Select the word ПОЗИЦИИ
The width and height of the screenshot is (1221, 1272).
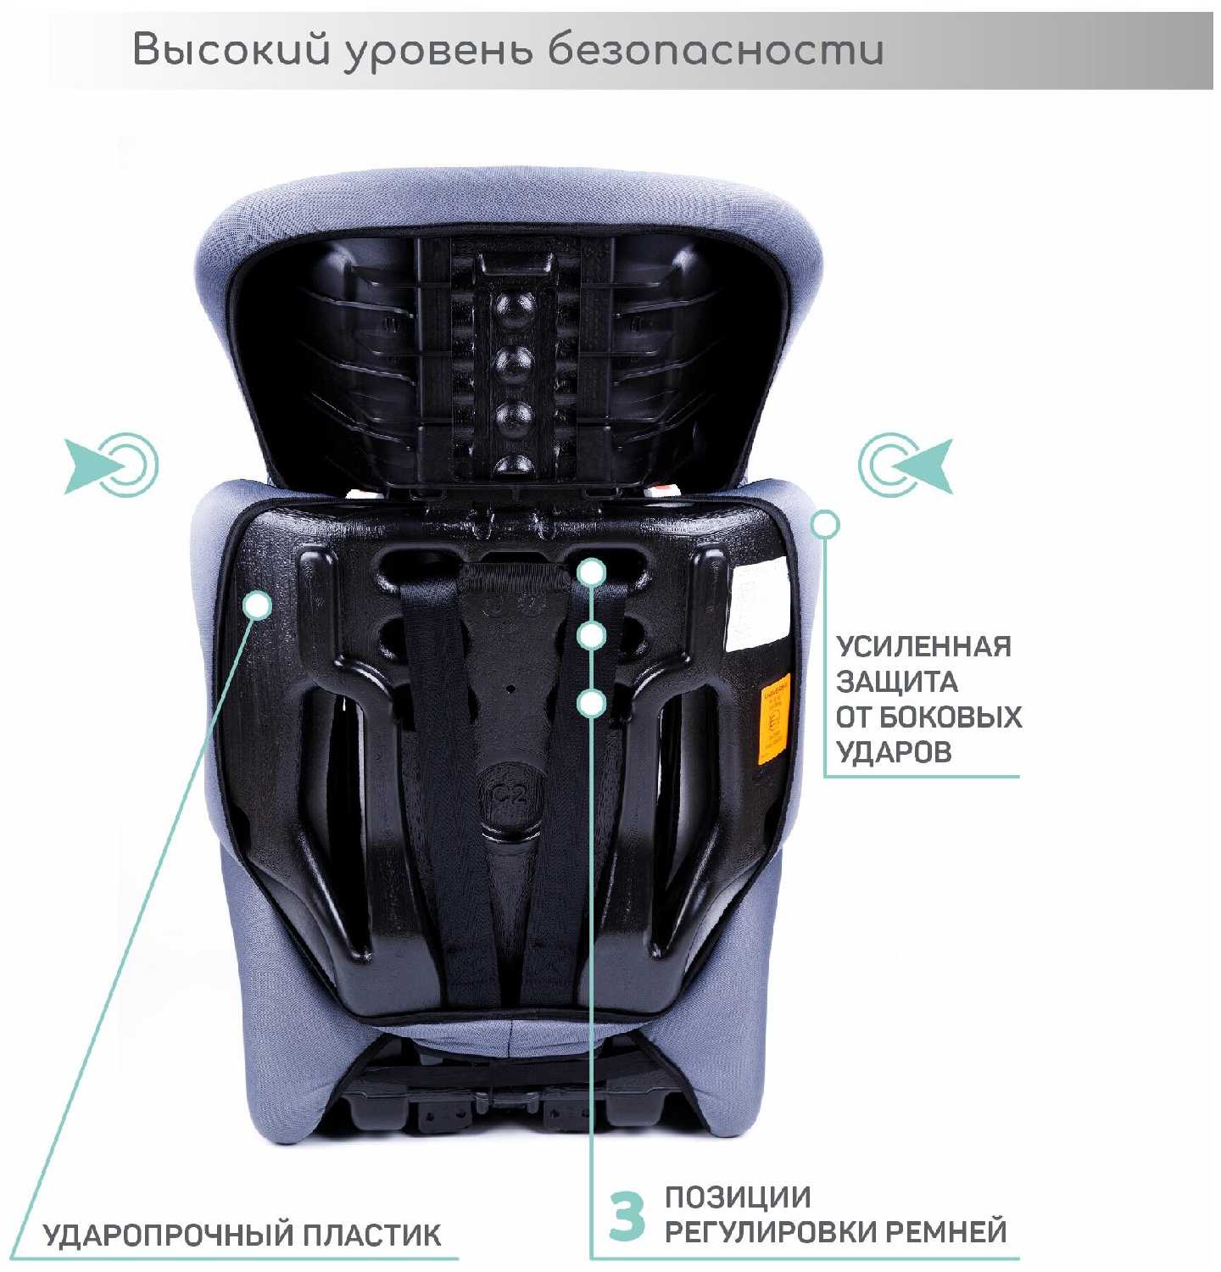tap(738, 1197)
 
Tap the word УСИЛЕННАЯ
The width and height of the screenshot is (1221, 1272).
tap(923, 646)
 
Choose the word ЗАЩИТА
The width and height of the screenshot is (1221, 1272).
tap(897, 682)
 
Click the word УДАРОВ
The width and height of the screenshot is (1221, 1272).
tap(894, 752)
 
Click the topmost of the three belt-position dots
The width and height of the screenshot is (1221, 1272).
tap(592, 572)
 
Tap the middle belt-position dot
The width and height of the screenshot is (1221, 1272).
tap(592, 635)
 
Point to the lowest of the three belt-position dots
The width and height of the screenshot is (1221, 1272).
tap(592, 703)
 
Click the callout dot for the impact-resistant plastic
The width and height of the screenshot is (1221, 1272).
tap(258, 605)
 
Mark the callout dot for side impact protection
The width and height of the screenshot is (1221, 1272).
tap(825, 525)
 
